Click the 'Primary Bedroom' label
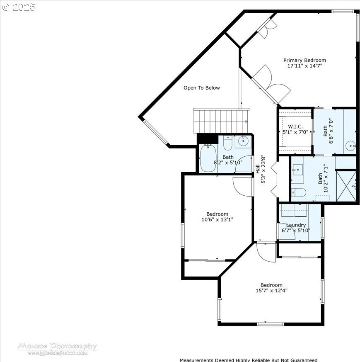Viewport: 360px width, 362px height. pos(304,60)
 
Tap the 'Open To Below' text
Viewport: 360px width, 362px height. pos(202,88)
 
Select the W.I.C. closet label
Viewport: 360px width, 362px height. pos(295,126)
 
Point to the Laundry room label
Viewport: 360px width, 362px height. pos(296,225)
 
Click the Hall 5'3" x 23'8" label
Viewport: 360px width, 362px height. pos(261,170)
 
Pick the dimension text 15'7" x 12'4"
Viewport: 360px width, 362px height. pos(271,290)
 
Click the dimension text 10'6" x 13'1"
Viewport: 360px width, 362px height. pos(217,219)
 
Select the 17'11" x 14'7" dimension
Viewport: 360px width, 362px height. pos(304,66)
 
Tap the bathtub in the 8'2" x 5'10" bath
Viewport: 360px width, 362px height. pos(208,158)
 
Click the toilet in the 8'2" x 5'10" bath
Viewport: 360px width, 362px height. pos(228,143)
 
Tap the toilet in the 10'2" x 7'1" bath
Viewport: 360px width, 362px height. pos(298,192)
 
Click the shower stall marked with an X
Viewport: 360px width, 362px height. pos(346,186)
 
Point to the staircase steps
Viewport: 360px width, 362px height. pos(221,121)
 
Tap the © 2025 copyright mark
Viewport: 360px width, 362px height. pos(19,7)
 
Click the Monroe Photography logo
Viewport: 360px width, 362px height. pos(57,349)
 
